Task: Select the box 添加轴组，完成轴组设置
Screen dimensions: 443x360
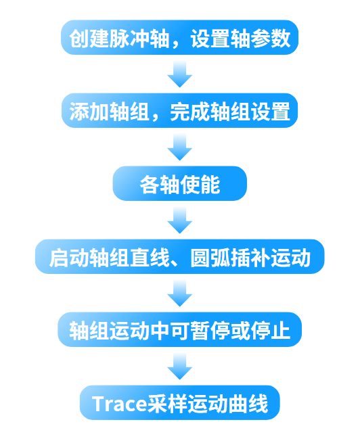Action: (179, 110)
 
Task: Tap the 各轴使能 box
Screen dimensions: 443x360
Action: (179, 183)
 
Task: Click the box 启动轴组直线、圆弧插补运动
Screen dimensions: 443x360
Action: (179, 257)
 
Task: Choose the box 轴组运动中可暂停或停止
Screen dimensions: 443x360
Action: (179, 331)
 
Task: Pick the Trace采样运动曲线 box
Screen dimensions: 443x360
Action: (179, 404)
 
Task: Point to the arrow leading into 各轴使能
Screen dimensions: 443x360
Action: (179, 147)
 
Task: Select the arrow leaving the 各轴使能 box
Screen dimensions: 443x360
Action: (179, 220)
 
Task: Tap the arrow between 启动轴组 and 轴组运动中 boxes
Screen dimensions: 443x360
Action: (179, 294)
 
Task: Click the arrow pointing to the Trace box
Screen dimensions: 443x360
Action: (179, 367)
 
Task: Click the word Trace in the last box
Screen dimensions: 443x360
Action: (119, 404)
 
